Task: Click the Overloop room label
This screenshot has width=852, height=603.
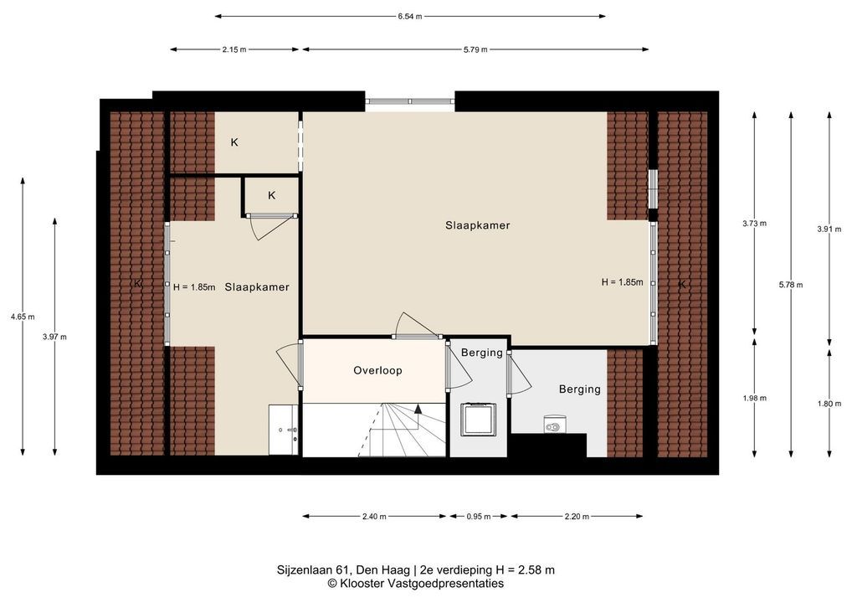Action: [377, 370]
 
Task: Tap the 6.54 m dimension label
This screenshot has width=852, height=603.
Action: [410, 16]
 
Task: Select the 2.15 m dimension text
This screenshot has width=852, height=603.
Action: [234, 49]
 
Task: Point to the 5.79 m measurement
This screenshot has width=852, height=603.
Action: [475, 49]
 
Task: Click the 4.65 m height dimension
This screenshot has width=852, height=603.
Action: [23, 317]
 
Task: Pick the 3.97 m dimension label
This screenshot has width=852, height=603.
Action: [55, 337]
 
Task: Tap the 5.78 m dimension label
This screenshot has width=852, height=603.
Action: [791, 285]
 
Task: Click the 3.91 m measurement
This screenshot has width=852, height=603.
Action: [829, 229]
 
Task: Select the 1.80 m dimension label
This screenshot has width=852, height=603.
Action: [829, 404]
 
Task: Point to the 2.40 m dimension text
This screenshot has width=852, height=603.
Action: [374, 517]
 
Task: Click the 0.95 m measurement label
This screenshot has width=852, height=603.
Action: [479, 517]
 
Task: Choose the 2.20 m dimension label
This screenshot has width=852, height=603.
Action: [577, 517]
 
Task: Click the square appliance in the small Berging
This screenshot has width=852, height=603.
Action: [479, 419]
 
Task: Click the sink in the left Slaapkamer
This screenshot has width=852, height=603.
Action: [283, 430]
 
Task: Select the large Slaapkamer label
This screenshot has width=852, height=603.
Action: [478, 225]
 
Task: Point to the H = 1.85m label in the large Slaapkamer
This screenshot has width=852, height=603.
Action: [622, 282]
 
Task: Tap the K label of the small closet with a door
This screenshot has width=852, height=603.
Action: [272, 195]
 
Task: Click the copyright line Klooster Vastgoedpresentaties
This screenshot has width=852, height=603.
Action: [416, 584]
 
